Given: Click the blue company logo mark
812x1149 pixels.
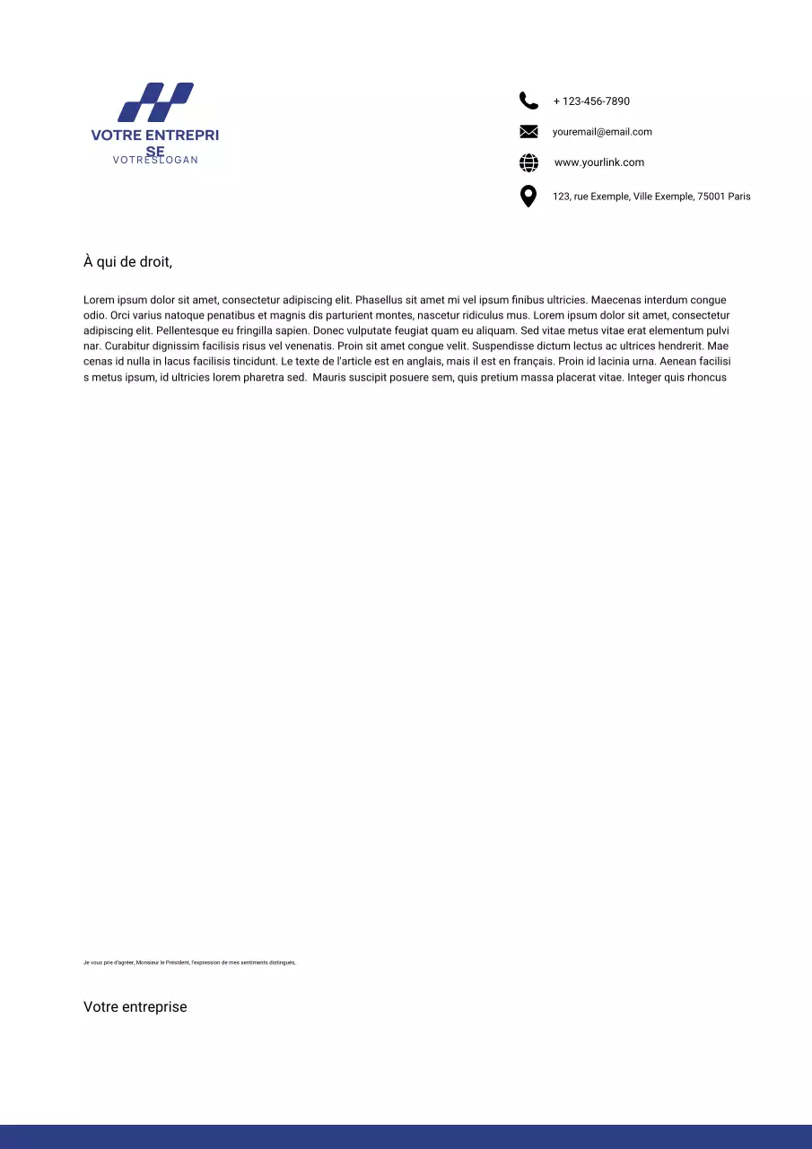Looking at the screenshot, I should (156, 102).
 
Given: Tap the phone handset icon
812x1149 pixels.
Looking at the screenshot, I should (528, 101).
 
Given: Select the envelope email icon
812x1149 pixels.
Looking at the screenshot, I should (528, 132).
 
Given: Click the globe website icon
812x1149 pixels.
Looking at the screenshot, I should (528, 162).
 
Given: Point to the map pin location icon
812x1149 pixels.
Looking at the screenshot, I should (528, 196).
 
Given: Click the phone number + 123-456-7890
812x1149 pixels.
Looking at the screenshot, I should (591, 101).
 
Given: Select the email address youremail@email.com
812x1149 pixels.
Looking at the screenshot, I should (602, 132).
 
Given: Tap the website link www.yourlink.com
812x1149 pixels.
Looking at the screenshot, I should (599, 162).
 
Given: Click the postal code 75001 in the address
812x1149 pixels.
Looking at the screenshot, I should (711, 197).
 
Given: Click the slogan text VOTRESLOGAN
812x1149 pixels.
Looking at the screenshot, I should (155, 160).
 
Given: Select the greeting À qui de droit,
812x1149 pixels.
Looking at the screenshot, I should (127, 262).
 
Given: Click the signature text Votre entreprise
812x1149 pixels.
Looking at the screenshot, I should (135, 1007).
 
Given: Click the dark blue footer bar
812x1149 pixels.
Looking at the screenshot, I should (406, 1136).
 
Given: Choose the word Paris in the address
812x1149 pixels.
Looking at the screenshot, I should (740, 197).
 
